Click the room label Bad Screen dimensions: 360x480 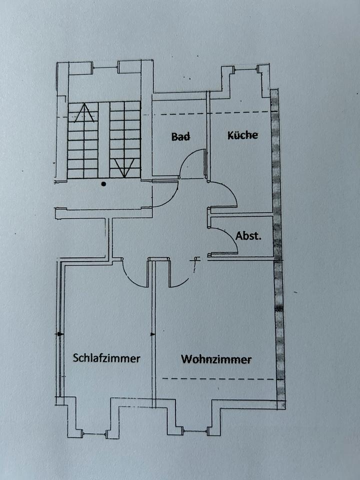(x=180, y=136)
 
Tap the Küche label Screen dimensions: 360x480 (x=242, y=135)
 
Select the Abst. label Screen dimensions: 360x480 (x=248, y=235)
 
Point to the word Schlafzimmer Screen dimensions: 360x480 (x=106, y=358)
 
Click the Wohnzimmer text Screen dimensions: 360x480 (x=216, y=359)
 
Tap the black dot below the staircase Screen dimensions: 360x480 (x=103, y=184)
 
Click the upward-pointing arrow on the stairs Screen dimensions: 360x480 (x=84, y=112)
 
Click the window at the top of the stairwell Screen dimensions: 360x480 (x=105, y=67)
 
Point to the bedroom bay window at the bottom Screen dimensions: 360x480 (x=94, y=433)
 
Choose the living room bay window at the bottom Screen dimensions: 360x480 (x=194, y=430)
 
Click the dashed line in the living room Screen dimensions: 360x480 (x=218, y=378)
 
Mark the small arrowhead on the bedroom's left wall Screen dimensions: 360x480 (x=60, y=333)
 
